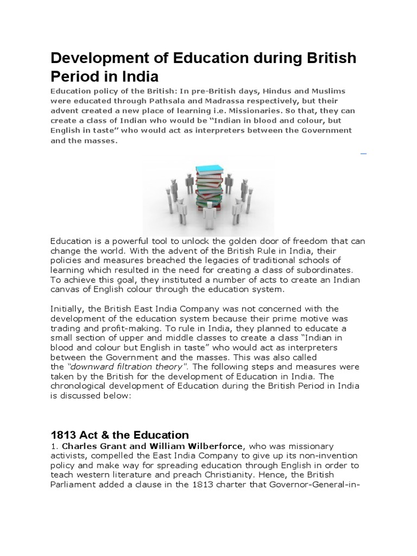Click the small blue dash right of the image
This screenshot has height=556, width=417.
point(363,154)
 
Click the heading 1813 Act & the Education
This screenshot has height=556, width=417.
point(119,435)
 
